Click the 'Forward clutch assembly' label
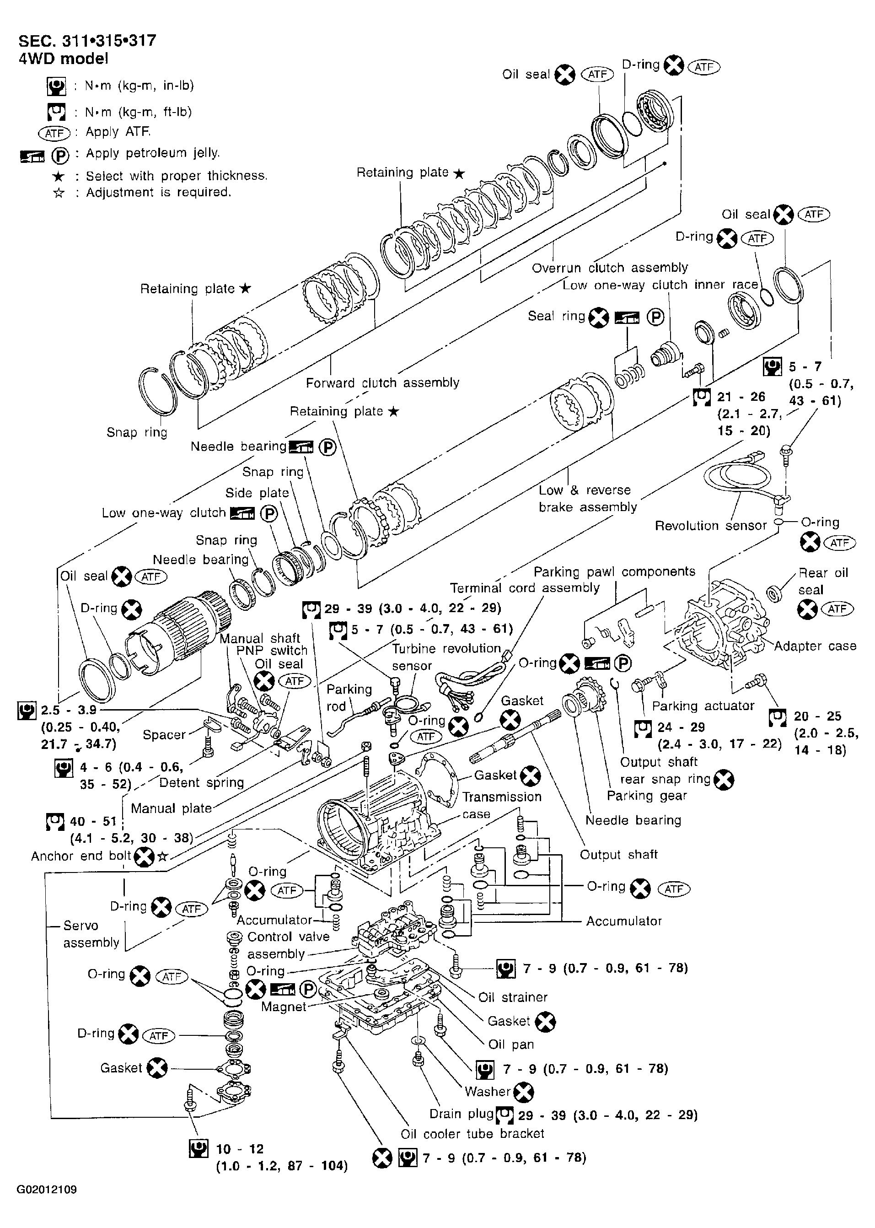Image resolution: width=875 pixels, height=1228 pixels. [x=382, y=382]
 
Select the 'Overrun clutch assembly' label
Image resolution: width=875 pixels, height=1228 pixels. [x=610, y=268]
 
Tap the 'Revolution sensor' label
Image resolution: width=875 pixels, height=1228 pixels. [x=710, y=525]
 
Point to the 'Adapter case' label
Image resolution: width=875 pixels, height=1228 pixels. [x=815, y=646]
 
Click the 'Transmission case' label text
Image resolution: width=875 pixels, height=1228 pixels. [x=502, y=805]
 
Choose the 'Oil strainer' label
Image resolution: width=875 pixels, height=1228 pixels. [x=513, y=997]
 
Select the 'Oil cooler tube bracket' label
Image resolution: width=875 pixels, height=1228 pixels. [x=472, y=1134]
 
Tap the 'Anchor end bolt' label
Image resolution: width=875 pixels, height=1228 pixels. [x=81, y=856]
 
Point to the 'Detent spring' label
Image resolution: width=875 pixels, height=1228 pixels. [x=202, y=782]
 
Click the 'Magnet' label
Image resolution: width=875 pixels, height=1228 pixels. [x=284, y=1007]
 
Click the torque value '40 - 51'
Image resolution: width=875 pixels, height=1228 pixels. [x=93, y=821]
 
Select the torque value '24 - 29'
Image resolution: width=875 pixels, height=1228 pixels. [x=681, y=727]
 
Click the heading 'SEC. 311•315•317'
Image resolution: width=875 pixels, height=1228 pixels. [x=87, y=41]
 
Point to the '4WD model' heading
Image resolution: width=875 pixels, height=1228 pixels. [x=64, y=59]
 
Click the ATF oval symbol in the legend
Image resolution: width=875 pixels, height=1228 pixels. [x=54, y=133]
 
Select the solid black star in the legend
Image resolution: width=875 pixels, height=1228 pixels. [x=59, y=176]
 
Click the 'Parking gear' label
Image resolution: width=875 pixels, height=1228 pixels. [x=647, y=796]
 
